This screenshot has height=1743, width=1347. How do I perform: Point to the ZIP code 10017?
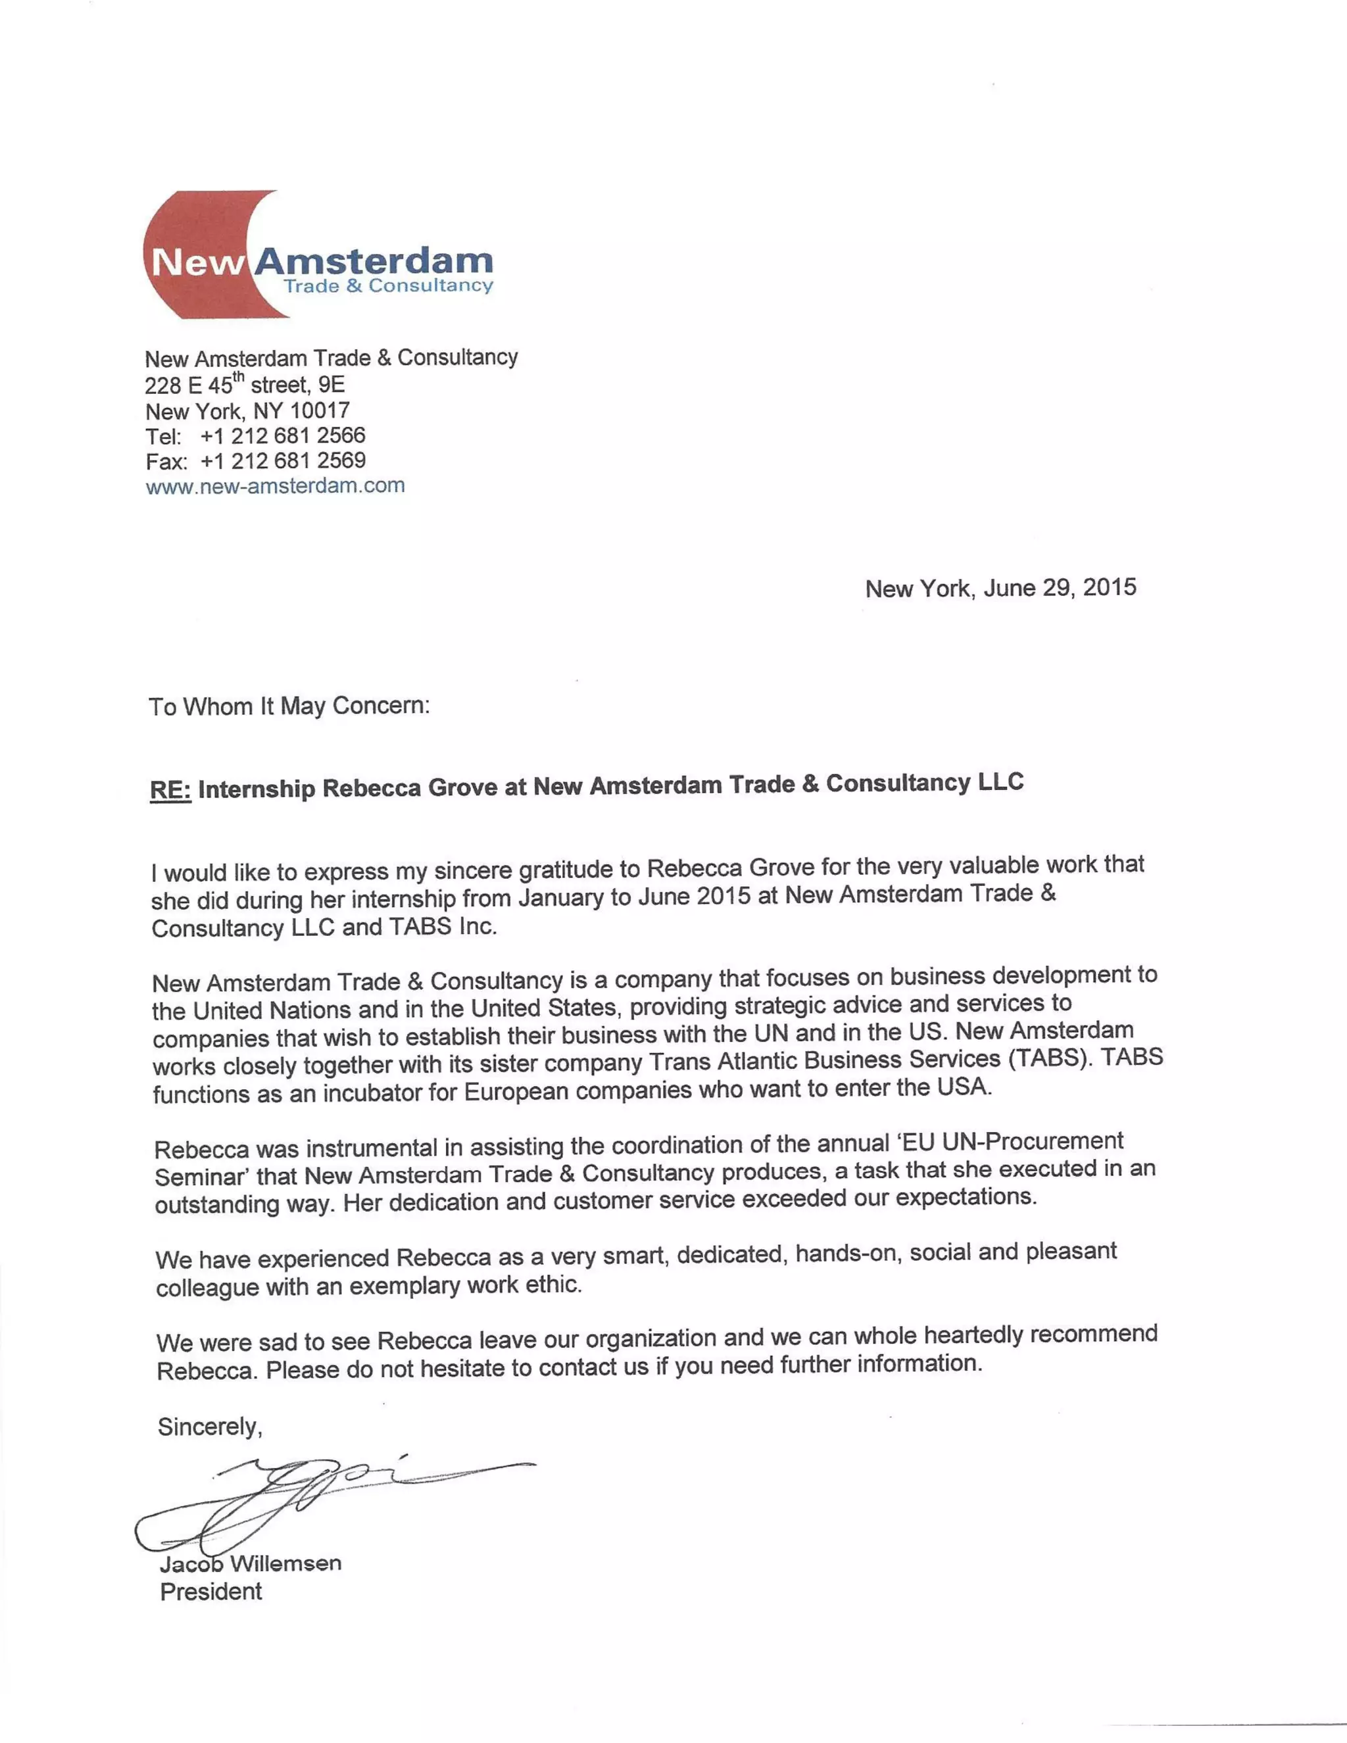(319, 410)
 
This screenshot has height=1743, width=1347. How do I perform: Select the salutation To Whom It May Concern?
(289, 706)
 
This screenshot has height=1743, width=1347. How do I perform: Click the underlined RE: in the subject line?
(170, 790)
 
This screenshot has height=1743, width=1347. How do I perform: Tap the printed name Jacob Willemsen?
(251, 1563)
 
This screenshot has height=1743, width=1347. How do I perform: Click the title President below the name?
(210, 1591)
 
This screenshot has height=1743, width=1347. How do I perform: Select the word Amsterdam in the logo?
(374, 260)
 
